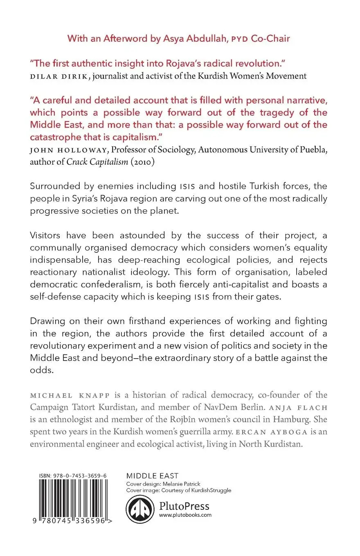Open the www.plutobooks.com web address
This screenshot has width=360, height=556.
click(x=185, y=515)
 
